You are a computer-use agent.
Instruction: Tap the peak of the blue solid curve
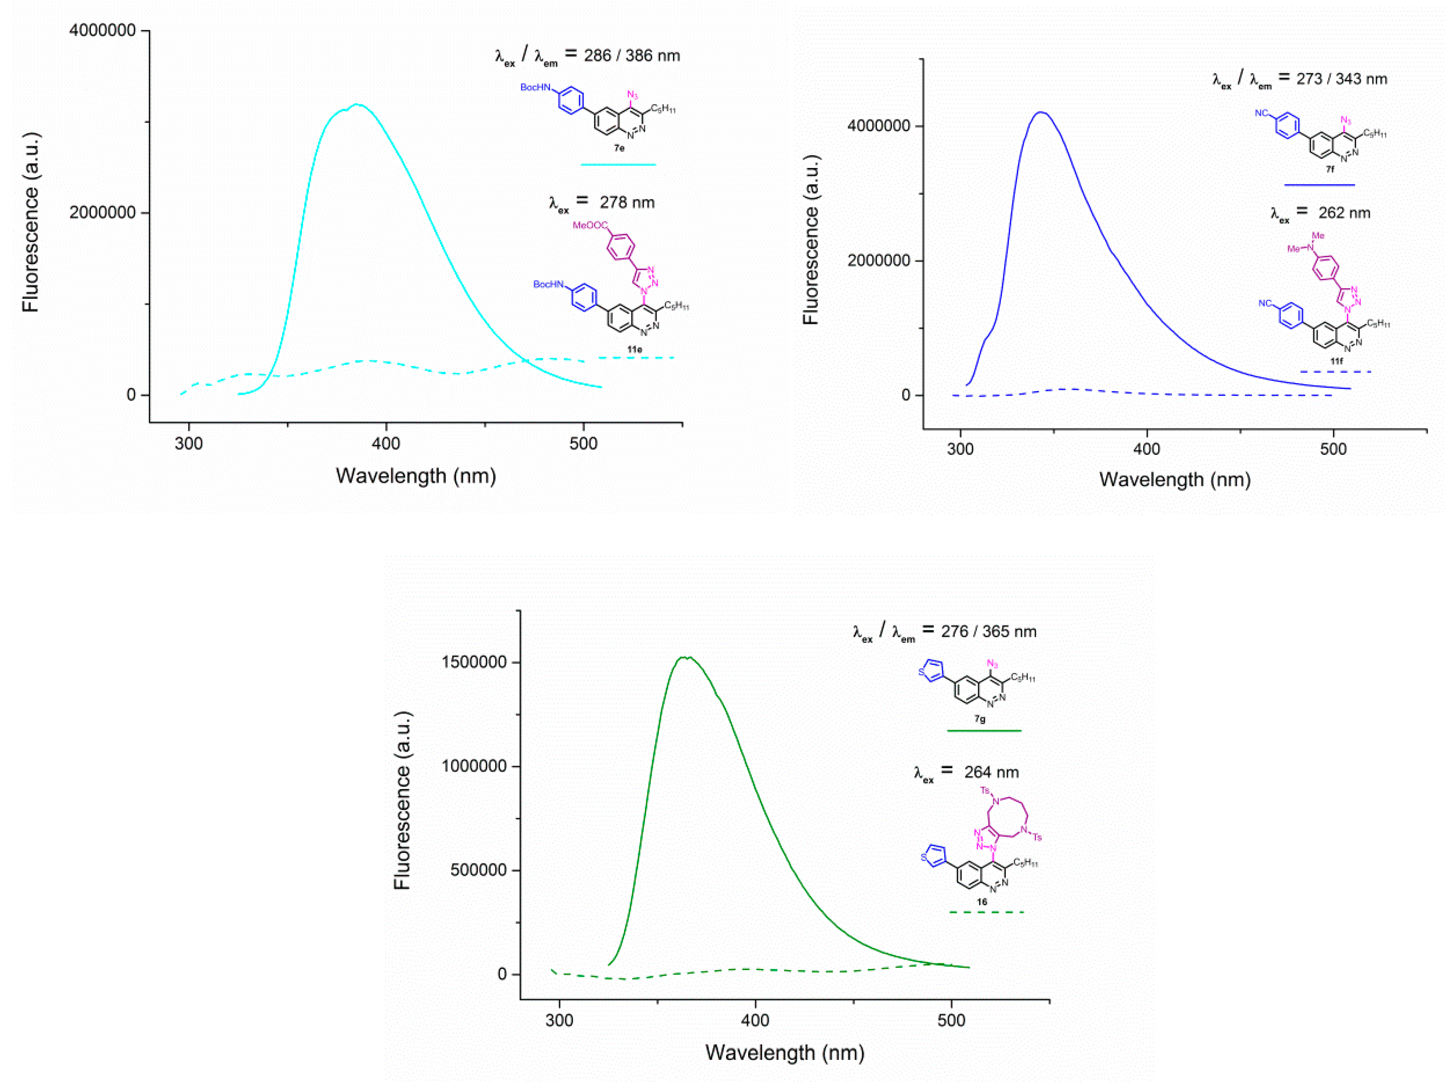tap(1041, 112)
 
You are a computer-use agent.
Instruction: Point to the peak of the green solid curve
tap(686, 657)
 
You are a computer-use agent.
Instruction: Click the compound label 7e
tap(619, 148)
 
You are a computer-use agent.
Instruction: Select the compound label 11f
tap(1337, 361)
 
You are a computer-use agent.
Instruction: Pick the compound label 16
tap(982, 902)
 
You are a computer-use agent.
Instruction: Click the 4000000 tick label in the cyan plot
tap(102, 31)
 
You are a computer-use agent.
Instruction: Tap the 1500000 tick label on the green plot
tap(474, 662)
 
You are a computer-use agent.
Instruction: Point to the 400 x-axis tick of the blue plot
tap(1147, 449)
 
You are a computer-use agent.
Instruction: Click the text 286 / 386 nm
tap(632, 56)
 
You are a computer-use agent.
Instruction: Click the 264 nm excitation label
tap(991, 772)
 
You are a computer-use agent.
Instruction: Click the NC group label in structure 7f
tap(1261, 114)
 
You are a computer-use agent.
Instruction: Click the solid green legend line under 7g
tap(984, 730)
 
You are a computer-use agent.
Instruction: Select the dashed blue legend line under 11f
tap(1335, 372)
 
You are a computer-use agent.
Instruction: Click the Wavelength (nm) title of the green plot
tap(784, 1053)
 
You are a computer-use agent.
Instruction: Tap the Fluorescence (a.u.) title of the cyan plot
tap(31, 222)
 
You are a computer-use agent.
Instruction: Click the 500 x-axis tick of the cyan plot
tap(583, 444)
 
